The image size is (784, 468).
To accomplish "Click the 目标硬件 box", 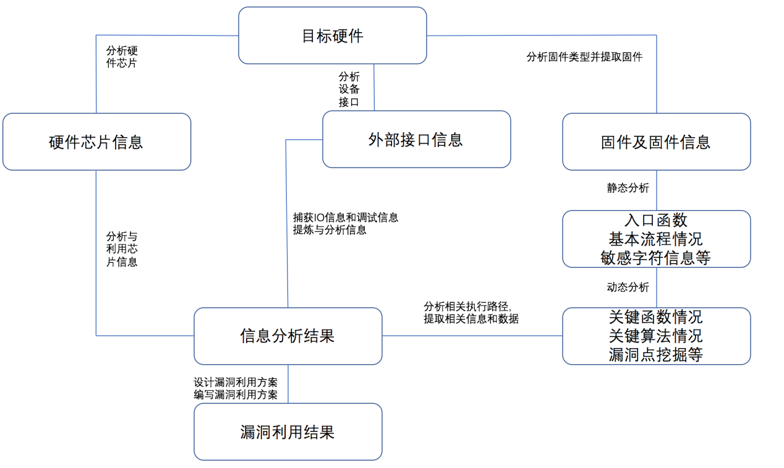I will pos(332,35).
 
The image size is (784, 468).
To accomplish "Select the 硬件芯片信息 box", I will pos(96,142).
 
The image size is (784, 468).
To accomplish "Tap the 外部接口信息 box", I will pos(416,139).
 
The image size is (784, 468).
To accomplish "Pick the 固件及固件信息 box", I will pos(656,142).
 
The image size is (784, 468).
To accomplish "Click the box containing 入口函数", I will pos(656,239).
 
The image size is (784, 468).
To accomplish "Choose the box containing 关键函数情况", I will pos(656,336).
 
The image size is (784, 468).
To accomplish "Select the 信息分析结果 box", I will pos(288,336).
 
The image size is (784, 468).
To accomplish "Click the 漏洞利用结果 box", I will pos(288,432).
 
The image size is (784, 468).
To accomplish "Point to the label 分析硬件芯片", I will pos(122,56).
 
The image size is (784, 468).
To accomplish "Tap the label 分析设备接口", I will pos(349,89).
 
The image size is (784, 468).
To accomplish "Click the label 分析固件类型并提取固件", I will pos(584,57).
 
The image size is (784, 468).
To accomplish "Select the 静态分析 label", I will pos(628,188).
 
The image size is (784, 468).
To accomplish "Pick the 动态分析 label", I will pos(628,287).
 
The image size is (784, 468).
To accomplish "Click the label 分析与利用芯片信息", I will pos(122,249).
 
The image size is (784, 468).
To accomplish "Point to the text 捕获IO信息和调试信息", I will pos(346,218).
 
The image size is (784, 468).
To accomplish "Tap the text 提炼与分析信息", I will pos(330,230).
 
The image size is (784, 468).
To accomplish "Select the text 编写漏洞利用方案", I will pos(236,394).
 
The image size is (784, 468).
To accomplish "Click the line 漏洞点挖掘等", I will pos(656,354).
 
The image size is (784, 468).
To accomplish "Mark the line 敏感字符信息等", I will pos(656,257).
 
